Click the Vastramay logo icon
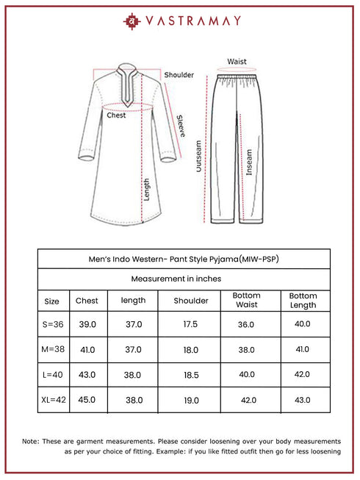tap(132, 21)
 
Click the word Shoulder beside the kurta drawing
tap(179, 75)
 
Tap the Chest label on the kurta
tap(116, 115)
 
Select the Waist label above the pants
tap(237, 62)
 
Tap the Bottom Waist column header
tap(246, 300)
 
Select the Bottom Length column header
tap(303, 300)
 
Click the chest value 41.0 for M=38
tap(87, 350)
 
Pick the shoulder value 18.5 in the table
tap(190, 375)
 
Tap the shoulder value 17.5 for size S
tap(190, 324)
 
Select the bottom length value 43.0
tap(303, 400)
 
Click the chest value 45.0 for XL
tap(87, 400)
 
